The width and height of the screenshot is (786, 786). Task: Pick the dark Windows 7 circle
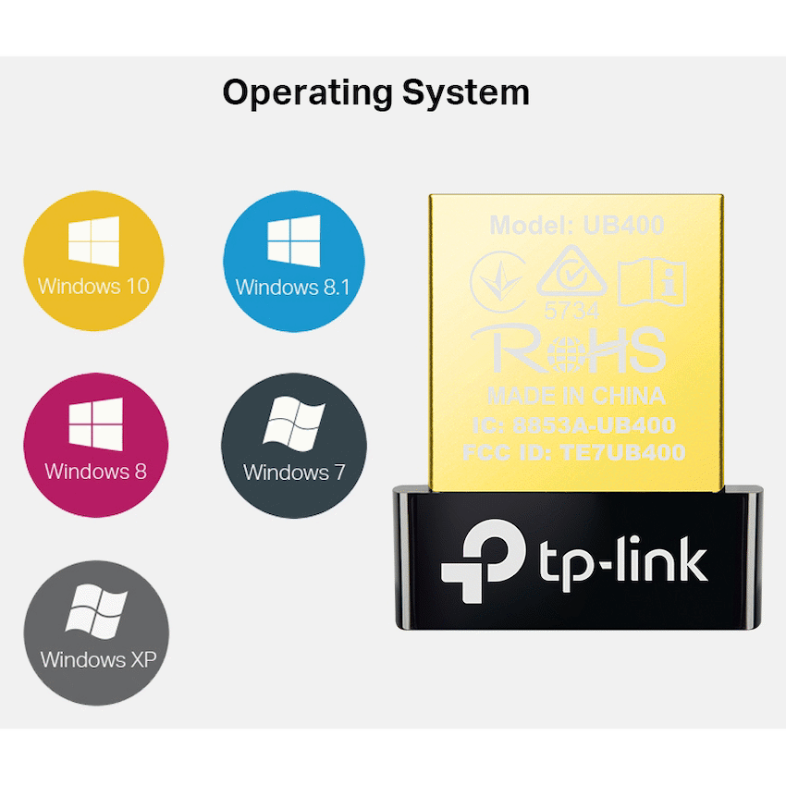(294, 446)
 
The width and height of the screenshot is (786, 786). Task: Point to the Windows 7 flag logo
(294, 424)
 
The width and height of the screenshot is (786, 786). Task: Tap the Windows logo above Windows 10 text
(93, 240)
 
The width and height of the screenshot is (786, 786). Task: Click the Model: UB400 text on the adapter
(577, 225)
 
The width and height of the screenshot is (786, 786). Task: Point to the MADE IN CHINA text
(575, 396)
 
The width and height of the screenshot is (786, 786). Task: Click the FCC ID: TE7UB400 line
(574, 452)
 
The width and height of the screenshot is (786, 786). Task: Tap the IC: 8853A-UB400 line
(574, 425)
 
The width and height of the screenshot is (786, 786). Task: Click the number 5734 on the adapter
(571, 312)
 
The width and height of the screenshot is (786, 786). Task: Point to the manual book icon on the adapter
(652, 278)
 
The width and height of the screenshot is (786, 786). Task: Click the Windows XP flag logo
(96, 611)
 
